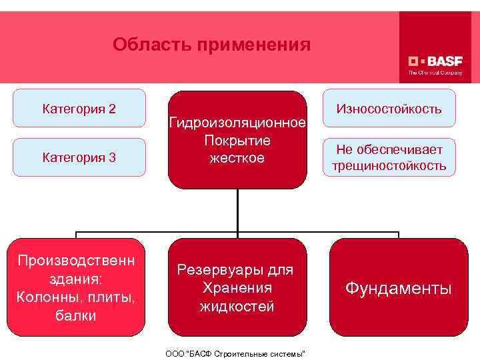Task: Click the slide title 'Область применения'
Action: (x=211, y=45)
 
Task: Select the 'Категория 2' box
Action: (x=79, y=108)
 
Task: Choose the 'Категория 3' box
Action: (x=79, y=157)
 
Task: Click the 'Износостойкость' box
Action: (x=389, y=108)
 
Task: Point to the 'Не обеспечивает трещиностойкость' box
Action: (x=389, y=157)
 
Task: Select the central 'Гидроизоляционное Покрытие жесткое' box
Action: (x=237, y=140)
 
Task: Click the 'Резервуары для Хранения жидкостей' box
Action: (x=237, y=287)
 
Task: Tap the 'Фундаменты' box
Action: (x=398, y=287)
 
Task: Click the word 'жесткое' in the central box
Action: (x=237, y=159)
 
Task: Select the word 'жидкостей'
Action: (x=237, y=306)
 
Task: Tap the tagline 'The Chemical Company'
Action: (x=435, y=72)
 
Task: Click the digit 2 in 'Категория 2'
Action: (x=112, y=108)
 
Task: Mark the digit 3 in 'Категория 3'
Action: (x=112, y=157)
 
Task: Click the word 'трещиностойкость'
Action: (x=389, y=166)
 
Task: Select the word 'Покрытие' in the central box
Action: (x=237, y=141)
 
